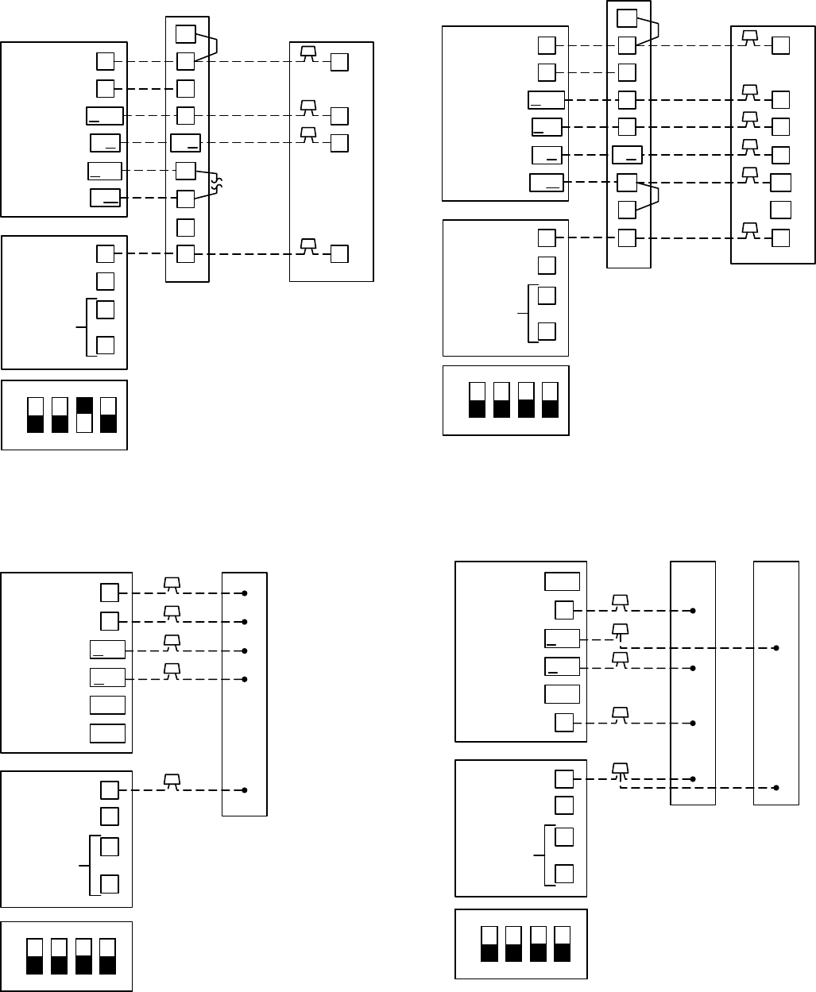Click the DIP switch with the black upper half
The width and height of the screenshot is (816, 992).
pos(83,415)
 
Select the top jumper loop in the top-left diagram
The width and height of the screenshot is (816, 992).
pos(210,46)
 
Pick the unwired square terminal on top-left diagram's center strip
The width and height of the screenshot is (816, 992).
pos(185,227)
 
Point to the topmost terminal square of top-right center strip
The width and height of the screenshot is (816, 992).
pos(627,17)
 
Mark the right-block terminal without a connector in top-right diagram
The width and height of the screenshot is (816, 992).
pos(780,210)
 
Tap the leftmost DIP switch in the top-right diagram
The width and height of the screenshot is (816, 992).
pos(477,400)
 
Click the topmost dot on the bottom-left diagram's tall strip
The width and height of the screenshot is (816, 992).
pos(245,593)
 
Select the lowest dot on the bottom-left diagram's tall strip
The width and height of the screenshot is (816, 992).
pos(245,790)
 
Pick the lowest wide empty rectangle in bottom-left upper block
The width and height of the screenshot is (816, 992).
pos(107,733)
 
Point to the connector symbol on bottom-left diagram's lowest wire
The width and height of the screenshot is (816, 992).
pos(170,782)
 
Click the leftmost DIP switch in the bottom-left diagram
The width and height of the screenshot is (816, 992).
pos(35,957)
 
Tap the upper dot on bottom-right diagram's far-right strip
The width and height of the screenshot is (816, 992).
pos(776,648)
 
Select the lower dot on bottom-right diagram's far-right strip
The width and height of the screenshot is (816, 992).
pos(776,789)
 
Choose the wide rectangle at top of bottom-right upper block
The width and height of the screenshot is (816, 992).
pos(562,581)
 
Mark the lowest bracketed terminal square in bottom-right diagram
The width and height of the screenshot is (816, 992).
pos(564,874)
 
